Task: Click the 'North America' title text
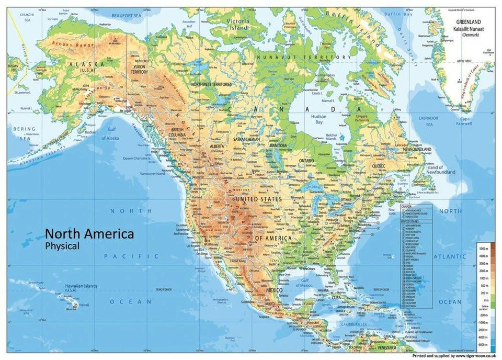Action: pyautogui.click(x=89, y=234)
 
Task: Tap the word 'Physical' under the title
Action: pyautogui.click(x=62, y=245)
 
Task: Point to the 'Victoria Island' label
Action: pyautogui.click(x=238, y=24)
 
